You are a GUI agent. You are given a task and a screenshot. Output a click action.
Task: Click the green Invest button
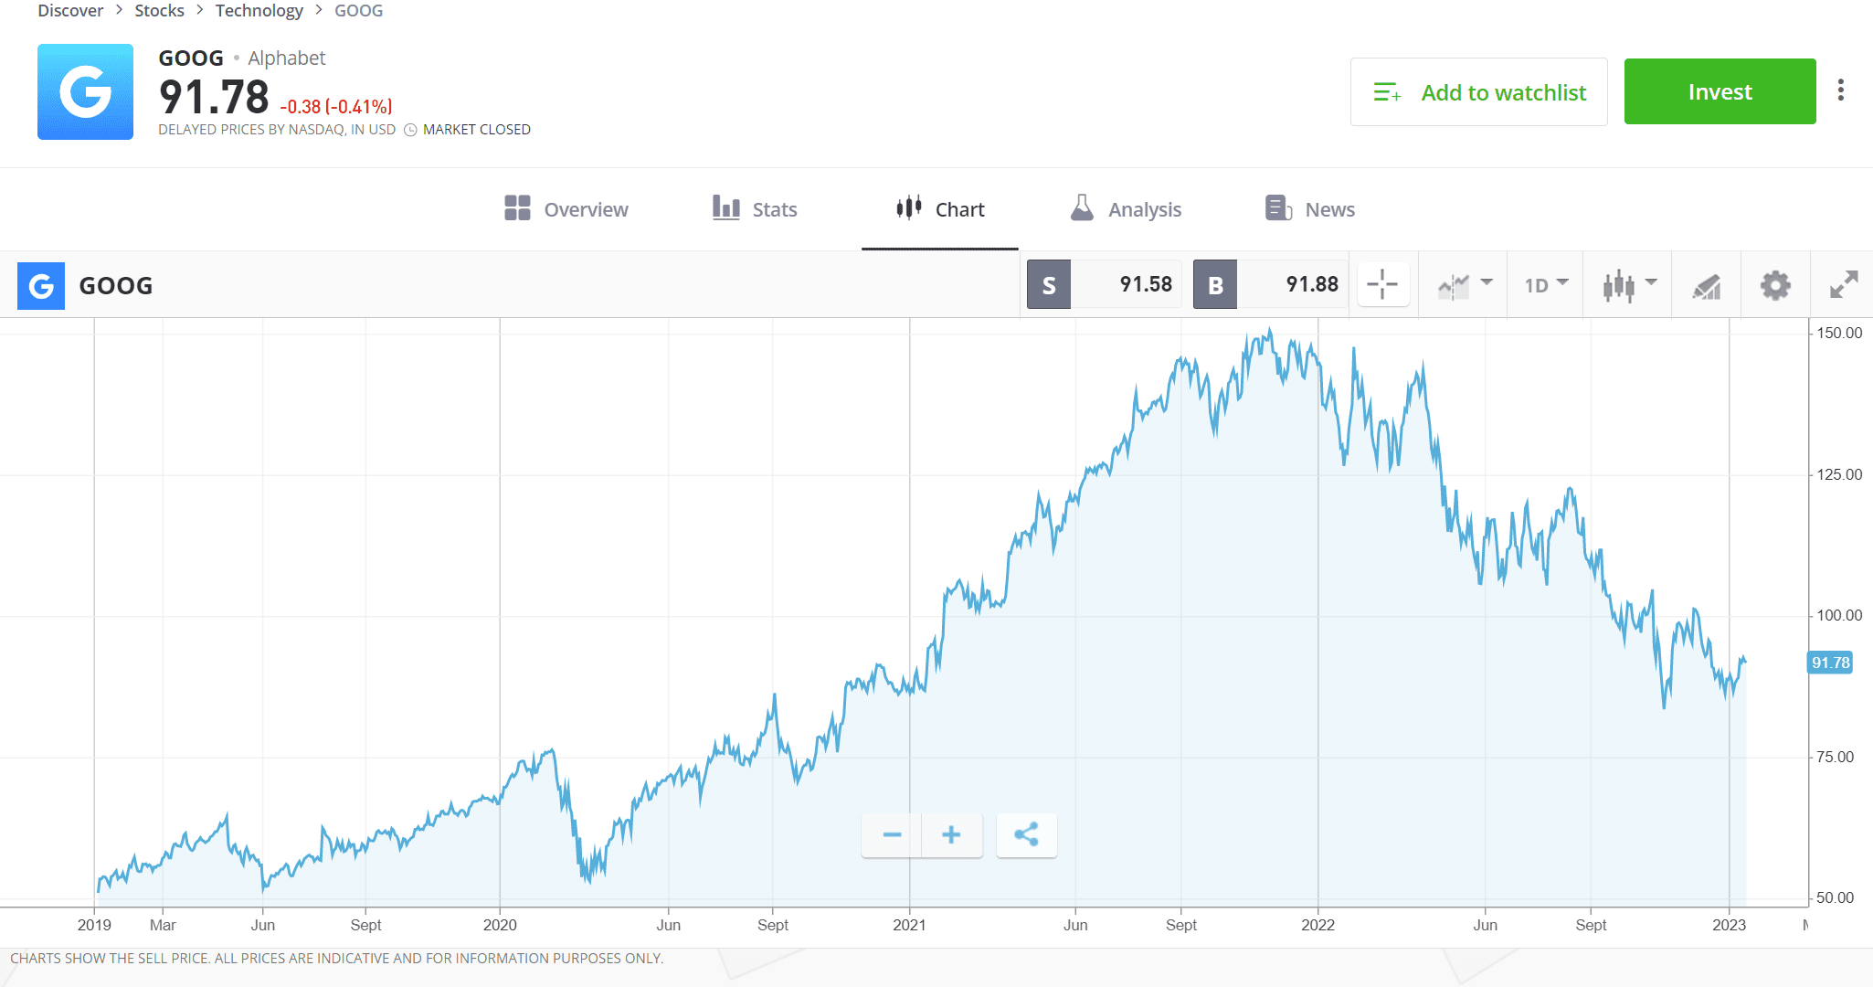[1720, 91]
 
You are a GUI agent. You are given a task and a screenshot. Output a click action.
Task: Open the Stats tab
[755, 209]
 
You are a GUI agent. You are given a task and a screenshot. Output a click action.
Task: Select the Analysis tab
[1126, 209]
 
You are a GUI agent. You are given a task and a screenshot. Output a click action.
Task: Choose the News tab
[1310, 209]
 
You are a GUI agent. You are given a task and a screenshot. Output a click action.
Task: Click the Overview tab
[566, 209]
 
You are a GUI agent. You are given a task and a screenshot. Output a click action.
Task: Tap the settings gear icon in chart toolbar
[1775, 285]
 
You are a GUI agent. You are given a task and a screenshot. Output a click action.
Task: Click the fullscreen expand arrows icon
[1844, 285]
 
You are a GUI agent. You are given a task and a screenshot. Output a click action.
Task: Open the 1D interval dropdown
[1546, 285]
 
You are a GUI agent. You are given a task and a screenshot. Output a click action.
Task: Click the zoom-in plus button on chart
[951, 834]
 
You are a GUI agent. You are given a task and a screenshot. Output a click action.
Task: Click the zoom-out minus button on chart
[892, 834]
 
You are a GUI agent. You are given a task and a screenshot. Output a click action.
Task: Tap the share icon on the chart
[1026, 834]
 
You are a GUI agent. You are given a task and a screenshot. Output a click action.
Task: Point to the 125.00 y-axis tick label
[1838, 474]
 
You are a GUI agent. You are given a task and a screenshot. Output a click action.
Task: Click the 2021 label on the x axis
[909, 925]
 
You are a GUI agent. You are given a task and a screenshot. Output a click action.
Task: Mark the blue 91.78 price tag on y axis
[1830, 663]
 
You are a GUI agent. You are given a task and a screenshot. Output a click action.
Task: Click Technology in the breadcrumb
[259, 11]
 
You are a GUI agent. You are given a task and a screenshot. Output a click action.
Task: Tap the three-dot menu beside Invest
[1841, 90]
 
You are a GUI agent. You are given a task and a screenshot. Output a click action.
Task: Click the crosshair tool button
[1382, 284]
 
